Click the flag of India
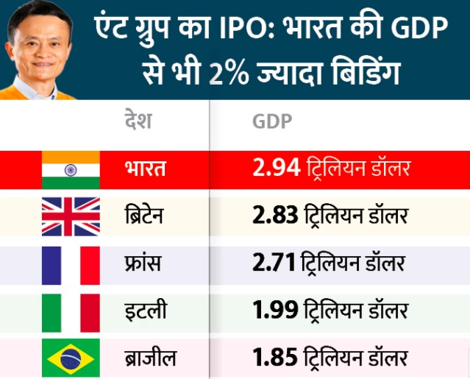[70, 170]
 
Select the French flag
[70, 265]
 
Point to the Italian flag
[70, 312]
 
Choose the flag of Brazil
[70, 358]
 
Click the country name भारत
[146, 169]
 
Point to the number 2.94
[275, 169]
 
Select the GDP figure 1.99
[274, 311]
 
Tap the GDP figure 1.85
[274, 359]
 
